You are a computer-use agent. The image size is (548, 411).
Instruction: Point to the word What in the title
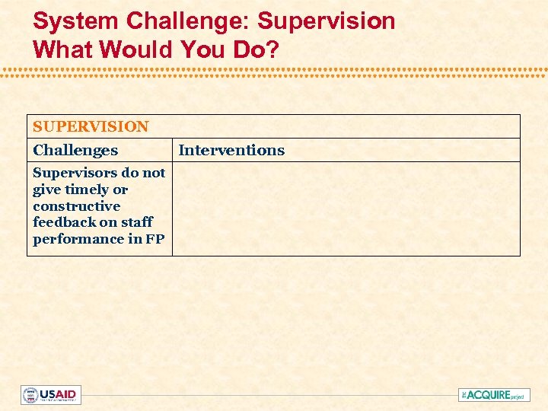[x=64, y=50]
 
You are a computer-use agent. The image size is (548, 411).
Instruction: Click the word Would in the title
[x=139, y=50]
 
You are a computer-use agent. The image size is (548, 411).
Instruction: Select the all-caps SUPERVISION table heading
[x=91, y=126]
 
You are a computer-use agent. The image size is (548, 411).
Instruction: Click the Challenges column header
[x=75, y=150]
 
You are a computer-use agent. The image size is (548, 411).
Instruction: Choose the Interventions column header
[x=231, y=150]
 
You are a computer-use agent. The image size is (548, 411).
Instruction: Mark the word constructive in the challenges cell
[x=76, y=206]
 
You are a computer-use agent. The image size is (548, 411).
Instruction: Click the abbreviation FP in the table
[x=156, y=239]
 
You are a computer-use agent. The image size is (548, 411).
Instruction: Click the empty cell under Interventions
[x=346, y=209]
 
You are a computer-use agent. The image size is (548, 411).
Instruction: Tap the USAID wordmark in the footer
[x=59, y=395]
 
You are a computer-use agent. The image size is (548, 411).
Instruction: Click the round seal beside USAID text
[x=30, y=395]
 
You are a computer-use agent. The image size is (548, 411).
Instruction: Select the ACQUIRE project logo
[x=494, y=395]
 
